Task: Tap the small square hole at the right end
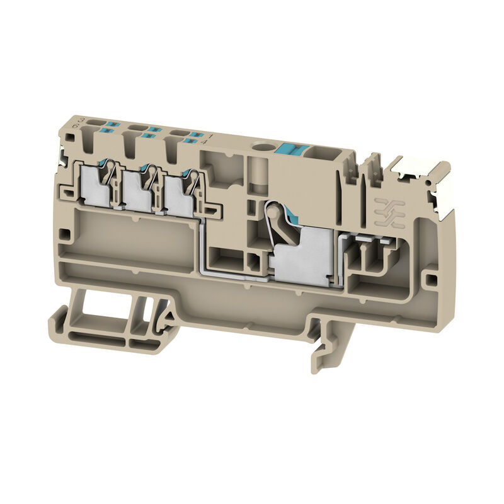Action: [431, 277]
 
